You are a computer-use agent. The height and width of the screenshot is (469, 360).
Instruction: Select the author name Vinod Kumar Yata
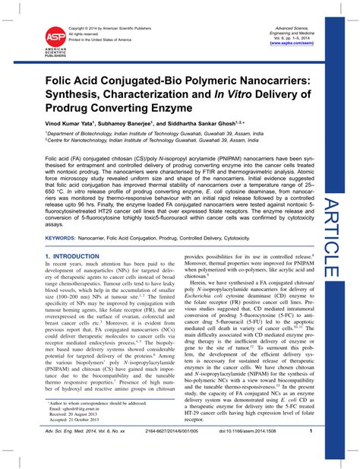click(77, 121)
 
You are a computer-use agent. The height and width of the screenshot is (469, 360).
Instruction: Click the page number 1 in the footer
click(311, 453)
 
